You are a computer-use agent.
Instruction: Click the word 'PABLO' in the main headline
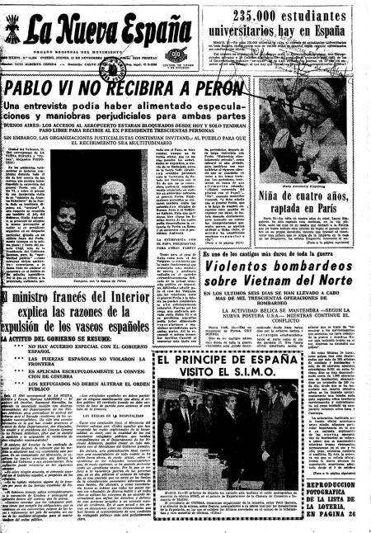click(37, 87)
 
